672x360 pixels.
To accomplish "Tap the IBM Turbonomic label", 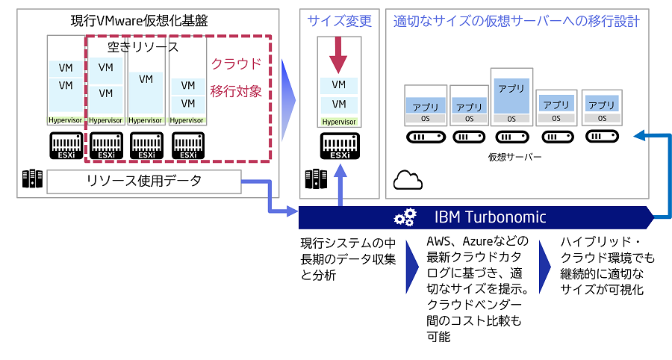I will click(490, 217).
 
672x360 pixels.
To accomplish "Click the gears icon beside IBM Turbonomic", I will click(405, 217).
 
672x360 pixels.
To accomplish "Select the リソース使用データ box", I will click(143, 181).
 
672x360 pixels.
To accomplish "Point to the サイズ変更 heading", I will click(339, 21).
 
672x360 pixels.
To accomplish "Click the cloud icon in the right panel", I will click(407, 180).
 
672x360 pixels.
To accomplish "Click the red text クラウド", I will click(236, 63).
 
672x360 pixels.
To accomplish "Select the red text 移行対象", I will click(236, 91).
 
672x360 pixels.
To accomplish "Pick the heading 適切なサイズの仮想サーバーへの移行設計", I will click(516, 21).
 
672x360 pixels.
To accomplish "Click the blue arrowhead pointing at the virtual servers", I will click(638, 136).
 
